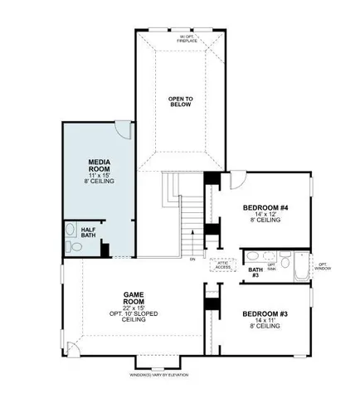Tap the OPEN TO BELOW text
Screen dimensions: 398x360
(180, 103)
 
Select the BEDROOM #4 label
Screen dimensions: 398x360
(265, 208)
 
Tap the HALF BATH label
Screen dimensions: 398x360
(88, 232)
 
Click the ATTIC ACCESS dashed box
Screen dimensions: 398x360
(222, 265)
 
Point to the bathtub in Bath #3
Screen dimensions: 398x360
(295, 265)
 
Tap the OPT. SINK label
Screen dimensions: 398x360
(272, 267)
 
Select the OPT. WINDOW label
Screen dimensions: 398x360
(322, 266)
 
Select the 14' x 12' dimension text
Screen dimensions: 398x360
(265, 215)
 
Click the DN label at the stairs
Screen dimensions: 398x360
(192, 260)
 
